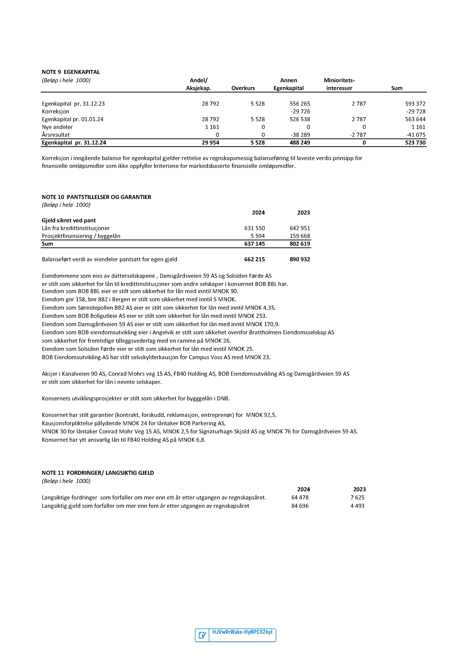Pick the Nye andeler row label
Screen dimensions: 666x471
click(x=57, y=127)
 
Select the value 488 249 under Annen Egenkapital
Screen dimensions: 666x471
click(x=300, y=143)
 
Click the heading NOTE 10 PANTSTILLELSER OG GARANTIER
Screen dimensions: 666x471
click(x=96, y=197)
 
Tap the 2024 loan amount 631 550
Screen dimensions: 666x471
click(x=255, y=228)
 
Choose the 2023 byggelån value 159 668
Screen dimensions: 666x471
click(x=300, y=236)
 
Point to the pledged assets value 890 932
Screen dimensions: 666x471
click(x=300, y=259)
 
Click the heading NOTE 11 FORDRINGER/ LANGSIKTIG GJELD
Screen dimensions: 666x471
click(x=98, y=473)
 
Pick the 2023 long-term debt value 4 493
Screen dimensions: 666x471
click(x=357, y=506)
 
